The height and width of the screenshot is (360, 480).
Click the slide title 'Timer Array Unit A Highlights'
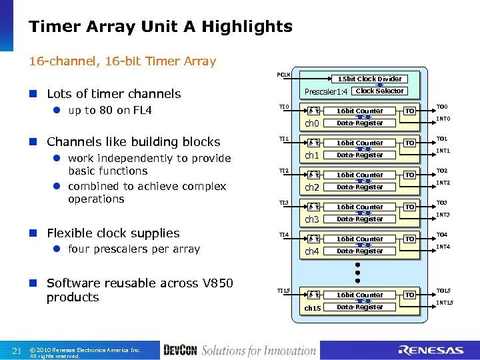[x=161, y=27]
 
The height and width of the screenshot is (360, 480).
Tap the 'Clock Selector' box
[x=379, y=91]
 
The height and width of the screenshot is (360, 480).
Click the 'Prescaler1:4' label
[x=326, y=91]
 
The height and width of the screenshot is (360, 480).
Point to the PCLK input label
[x=284, y=74]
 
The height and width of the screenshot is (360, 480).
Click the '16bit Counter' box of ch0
[x=359, y=111]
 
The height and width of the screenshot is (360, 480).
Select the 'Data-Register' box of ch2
[x=359, y=187]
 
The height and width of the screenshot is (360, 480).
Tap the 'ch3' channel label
[x=312, y=219]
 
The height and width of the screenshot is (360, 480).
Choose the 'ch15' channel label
[x=312, y=307]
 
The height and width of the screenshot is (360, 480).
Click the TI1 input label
[x=284, y=139]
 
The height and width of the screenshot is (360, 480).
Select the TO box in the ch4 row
[x=411, y=239]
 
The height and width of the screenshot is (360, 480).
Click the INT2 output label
[x=443, y=183]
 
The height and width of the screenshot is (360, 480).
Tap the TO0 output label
[x=442, y=107]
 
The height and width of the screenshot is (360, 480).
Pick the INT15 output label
[x=445, y=303]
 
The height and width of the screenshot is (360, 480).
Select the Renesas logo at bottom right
[x=431, y=350]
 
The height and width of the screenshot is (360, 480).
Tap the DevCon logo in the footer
[x=180, y=350]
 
